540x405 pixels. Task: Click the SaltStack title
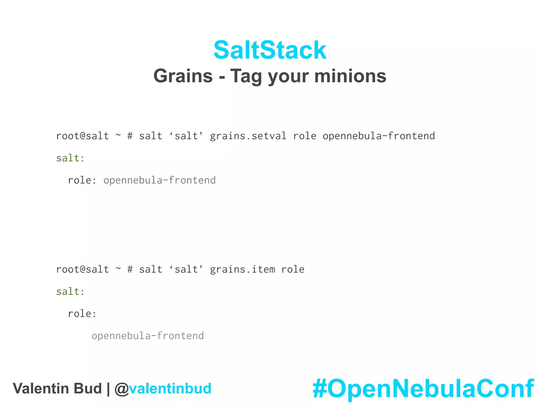point(270,50)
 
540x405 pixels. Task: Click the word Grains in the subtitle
point(183,76)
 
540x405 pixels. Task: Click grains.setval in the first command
point(248,136)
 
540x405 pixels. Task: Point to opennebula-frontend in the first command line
point(379,136)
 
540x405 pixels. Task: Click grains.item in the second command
point(242,269)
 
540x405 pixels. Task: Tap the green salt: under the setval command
point(70,158)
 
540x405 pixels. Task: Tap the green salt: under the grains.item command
point(70,292)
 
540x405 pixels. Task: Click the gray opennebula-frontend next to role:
point(160,180)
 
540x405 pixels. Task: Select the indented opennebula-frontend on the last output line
point(148,336)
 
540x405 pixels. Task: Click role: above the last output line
point(82,314)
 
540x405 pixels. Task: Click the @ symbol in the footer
point(122,389)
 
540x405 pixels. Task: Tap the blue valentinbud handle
point(170,389)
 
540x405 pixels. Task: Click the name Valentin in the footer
point(42,389)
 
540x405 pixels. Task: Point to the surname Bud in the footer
point(88,389)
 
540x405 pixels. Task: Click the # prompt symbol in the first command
point(130,136)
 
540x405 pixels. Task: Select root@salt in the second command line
point(82,269)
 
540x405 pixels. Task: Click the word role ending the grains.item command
point(293,269)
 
